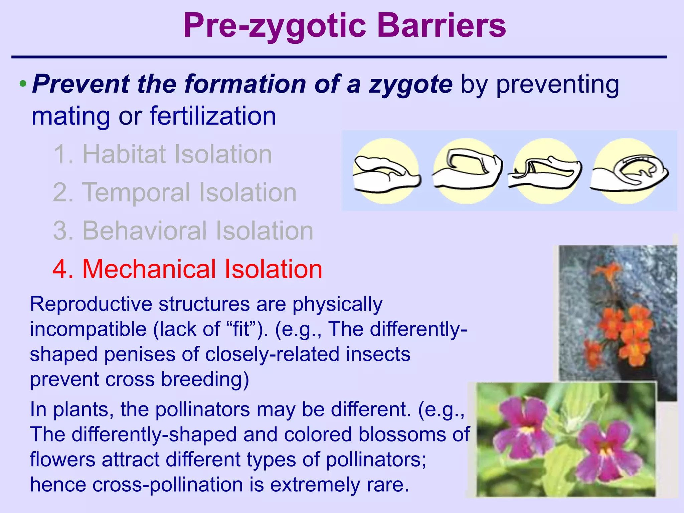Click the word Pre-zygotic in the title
(x=275, y=26)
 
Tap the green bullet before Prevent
(x=22, y=83)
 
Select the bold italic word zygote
(x=410, y=84)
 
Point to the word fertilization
(x=213, y=116)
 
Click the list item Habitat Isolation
(x=163, y=154)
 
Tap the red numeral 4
(x=63, y=269)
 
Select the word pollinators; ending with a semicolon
(x=376, y=460)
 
